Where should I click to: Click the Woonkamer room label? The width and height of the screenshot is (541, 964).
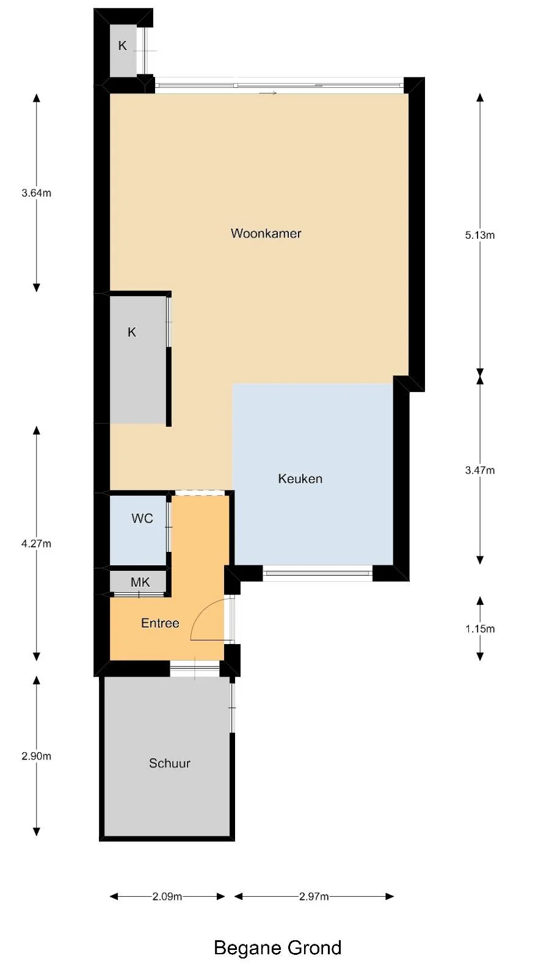click(266, 233)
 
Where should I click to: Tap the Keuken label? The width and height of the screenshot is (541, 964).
click(300, 479)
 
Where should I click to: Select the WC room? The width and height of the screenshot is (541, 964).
click(142, 519)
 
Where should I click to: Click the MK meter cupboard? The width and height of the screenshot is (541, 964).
click(140, 582)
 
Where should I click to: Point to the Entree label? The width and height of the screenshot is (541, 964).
click(160, 623)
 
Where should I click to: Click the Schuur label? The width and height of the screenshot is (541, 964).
click(170, 763)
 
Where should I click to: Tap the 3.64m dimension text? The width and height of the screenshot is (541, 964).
click(36, 194)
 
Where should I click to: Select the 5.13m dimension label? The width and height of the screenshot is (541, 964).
click(479, 235)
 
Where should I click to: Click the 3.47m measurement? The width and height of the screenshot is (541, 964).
click(479, 470)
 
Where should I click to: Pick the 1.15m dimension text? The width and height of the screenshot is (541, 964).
click(479, 629)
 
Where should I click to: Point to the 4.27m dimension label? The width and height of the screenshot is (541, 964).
click(36, 543)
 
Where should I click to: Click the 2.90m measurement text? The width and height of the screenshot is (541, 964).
click(36, 756)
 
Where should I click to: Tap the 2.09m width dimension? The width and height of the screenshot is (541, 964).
click(167, 896)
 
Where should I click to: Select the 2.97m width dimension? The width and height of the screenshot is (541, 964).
click(314, 896)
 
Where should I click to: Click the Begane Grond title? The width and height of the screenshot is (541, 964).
click(277, 948)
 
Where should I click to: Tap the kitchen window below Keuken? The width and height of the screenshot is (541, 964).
click(318, 573)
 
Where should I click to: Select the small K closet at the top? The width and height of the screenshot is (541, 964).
click(123, 46)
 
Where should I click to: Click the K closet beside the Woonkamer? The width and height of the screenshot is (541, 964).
click(132, 333)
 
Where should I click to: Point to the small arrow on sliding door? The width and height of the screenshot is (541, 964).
click(268, 93)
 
